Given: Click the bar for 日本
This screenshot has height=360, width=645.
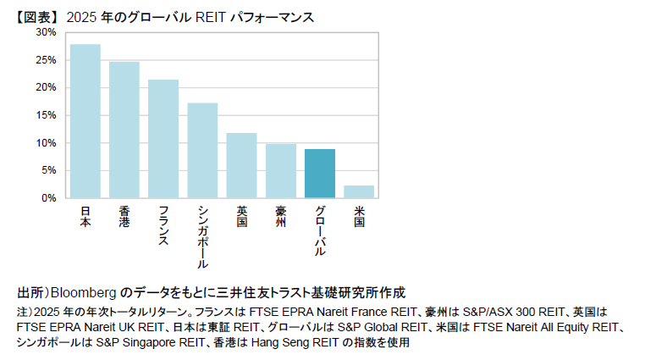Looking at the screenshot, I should (85, 121).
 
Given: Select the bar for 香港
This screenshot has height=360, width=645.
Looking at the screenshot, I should (124, 130).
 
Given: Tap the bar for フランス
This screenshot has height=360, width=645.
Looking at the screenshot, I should (163, 139).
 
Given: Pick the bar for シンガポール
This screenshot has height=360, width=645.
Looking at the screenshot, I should (202, 151).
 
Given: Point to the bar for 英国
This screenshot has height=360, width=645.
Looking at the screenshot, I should (241, 165).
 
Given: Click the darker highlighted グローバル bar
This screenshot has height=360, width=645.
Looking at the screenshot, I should (319, 174).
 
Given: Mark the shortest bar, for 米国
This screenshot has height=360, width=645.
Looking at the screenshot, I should (359, 191).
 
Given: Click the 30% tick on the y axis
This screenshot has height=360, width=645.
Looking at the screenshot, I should (47, 32).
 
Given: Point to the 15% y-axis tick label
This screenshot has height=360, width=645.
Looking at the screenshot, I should (47, 115).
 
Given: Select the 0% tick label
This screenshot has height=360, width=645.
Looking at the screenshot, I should (49, 197).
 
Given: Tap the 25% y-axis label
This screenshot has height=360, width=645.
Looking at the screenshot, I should (47, 60).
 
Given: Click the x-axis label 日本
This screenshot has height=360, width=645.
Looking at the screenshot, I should (85, 215).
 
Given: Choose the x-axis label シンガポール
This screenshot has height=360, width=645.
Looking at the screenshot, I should (202, 237).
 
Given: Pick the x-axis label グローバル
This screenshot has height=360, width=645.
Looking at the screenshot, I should (319, 230).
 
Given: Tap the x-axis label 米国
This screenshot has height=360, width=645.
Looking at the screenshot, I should (359, 215).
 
